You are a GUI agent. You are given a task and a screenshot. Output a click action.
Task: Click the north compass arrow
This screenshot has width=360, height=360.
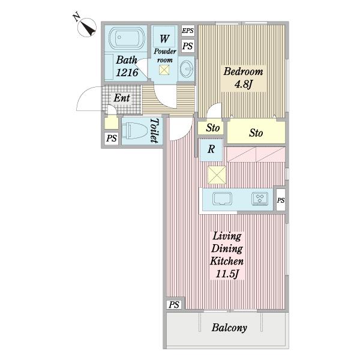pyautogui.click(x=89, y=29)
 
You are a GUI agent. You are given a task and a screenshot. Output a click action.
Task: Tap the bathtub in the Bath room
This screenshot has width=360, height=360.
pyautogui.click(x=126, y=38)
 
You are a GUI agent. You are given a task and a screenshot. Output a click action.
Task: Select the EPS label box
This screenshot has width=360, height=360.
pyautogui.click(x=188, y=31)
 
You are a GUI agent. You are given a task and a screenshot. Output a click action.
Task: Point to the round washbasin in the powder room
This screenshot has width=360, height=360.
pyautogui.click(x=187, y=68)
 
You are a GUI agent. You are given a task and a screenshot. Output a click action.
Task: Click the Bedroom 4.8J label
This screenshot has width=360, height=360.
pyautogui.click(x=243, y=78)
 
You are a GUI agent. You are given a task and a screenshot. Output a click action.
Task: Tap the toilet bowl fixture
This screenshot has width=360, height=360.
pyautogui.click(x=135, y=131)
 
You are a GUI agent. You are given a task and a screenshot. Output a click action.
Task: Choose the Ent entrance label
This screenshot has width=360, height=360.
pyautogui.click(x=122, y=98)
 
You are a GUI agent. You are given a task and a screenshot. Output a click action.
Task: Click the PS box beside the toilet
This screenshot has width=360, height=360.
pyautogui.click(x=112, y=139)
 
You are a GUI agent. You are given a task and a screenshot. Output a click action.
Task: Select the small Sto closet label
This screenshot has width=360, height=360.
pyautogui.click(x=212, y=128)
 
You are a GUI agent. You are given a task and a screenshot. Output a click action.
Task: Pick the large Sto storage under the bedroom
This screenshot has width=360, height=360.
pyautogui.click(x=256, y=133)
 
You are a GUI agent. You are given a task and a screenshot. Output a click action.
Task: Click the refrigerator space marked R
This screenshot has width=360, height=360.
pyautogui.click(x=211, y=149)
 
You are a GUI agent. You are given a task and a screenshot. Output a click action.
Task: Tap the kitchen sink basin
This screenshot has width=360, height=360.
pyautogui.click(x=222, y=199)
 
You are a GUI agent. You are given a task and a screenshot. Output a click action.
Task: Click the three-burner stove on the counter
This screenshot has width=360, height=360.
pyautogui.click(x=260, y=199)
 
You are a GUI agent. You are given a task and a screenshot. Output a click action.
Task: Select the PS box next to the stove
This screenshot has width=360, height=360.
pyautogui.click(x=281, y=200)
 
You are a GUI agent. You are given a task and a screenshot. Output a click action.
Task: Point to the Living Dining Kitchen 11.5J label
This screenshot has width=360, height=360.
pyautogui.click(x=227, y=255)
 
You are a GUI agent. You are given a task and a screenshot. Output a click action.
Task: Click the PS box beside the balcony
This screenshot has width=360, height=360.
pyautogui.click(x=174, y=305)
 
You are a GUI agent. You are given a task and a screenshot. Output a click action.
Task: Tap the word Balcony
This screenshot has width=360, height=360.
pyautogui.click(x=229, y=328)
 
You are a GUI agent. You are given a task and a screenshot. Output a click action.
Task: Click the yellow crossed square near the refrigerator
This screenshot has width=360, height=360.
pyautogui.click(x=217, y=175)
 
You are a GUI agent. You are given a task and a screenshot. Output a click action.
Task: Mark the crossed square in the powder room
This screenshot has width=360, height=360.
pyautogui.click(x=164, y=70)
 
